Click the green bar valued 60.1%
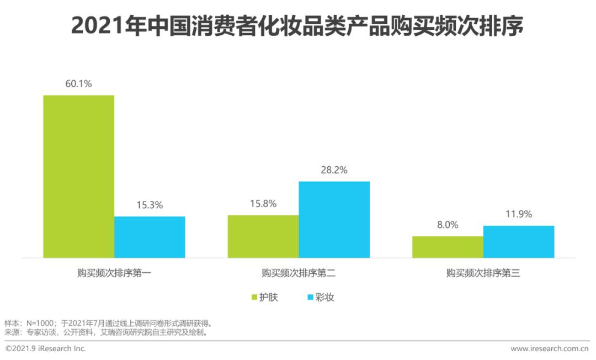pos(79,176)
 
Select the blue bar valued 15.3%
pos(150,237)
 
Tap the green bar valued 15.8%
pos(263,236)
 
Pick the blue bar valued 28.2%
pos(334,219)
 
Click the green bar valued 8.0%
pos(448,247)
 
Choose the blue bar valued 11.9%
pos(518,241)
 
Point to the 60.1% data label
pos(78,84)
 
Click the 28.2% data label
pos(334,171)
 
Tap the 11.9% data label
pos(518,215)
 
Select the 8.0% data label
pos(448,225)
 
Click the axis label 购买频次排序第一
pos(114,273)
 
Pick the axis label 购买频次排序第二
pos(299,273)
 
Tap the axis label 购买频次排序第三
pos(483,273)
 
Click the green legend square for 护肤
pos(255,298)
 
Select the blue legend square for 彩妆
pos(310,298)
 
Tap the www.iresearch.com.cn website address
pos(549,349)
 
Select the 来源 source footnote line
pos(105,332)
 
